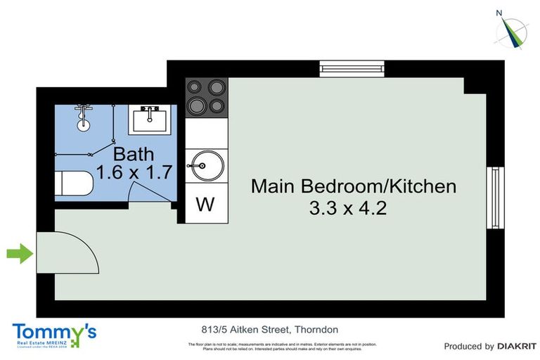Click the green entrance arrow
(x=20, y=253)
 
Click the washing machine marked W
(x=205, y=205)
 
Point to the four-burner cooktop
(x=207, y=97)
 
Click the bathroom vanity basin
(x=148, y=119)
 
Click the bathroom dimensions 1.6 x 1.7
(x=134, y=173)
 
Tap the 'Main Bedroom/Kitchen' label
(x=354, y=186)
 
